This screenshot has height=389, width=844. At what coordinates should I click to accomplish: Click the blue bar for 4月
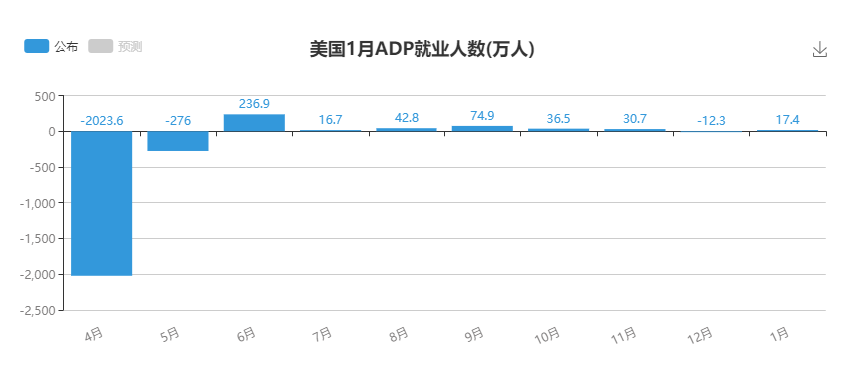tap(101, 204)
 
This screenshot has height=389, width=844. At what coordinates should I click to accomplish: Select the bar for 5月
tap(178, 141)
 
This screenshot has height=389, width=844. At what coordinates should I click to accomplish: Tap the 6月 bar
tap(254, 123)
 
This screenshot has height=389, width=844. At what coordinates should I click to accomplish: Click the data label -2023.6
tap(102, 121)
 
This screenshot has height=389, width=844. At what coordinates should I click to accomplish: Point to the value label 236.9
tap(254, 104)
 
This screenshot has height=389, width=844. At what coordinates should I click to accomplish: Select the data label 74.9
tap(482, 115)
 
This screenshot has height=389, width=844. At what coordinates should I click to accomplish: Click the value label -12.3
tap(711, 121)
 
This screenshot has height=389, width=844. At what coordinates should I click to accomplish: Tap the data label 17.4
tap(787, 120)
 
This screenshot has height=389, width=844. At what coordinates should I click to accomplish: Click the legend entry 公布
tap(51, 46)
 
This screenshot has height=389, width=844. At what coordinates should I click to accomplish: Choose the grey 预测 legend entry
tap(115, 46)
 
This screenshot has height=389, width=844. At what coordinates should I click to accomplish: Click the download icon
tap(819, 50)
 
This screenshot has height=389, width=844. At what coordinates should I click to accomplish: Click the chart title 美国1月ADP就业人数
tap(398, 49)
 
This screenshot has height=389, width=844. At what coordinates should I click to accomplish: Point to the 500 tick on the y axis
tap(45, 96)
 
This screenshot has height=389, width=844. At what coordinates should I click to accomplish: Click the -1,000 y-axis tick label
tap(38, 203)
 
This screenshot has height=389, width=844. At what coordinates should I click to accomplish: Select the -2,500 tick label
tap(38, 311)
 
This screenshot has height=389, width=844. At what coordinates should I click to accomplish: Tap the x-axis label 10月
tap(547, 337)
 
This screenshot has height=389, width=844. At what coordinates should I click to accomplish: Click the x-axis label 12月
tap(700, 337)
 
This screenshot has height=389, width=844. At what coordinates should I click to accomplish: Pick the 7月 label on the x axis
tap(322, 335)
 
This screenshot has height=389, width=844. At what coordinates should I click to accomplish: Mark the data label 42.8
tap(407, 117)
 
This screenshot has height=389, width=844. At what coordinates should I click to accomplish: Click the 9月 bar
tap(482, 129)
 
